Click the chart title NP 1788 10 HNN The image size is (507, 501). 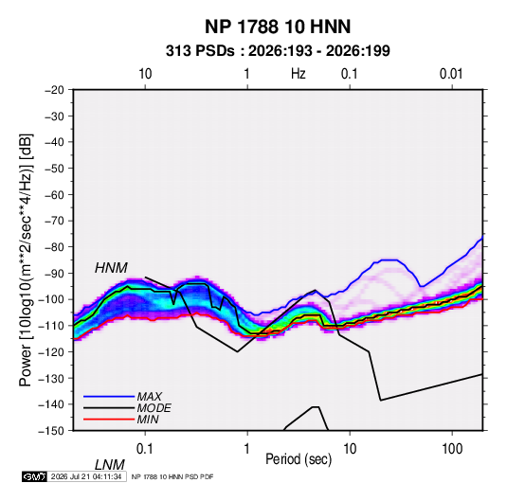(278, 27)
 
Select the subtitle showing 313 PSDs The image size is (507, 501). (278, 51)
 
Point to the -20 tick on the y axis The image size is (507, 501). (54, 90)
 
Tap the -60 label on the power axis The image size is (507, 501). (54, 194)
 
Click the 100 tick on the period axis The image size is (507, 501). (452, 449)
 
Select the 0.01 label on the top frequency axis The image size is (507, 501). (451, 74)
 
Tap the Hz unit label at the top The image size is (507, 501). (299, 74)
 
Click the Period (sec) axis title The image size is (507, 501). (299, 459)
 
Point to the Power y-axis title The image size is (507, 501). (26, 259)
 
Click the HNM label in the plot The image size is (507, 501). (111, 268)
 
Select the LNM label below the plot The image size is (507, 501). (110, 465)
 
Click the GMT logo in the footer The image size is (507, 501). (34, 476)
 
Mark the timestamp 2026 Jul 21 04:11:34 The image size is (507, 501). (86, 476)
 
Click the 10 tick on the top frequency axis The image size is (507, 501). (145, 74)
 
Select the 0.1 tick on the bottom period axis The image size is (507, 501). (145, 449)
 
